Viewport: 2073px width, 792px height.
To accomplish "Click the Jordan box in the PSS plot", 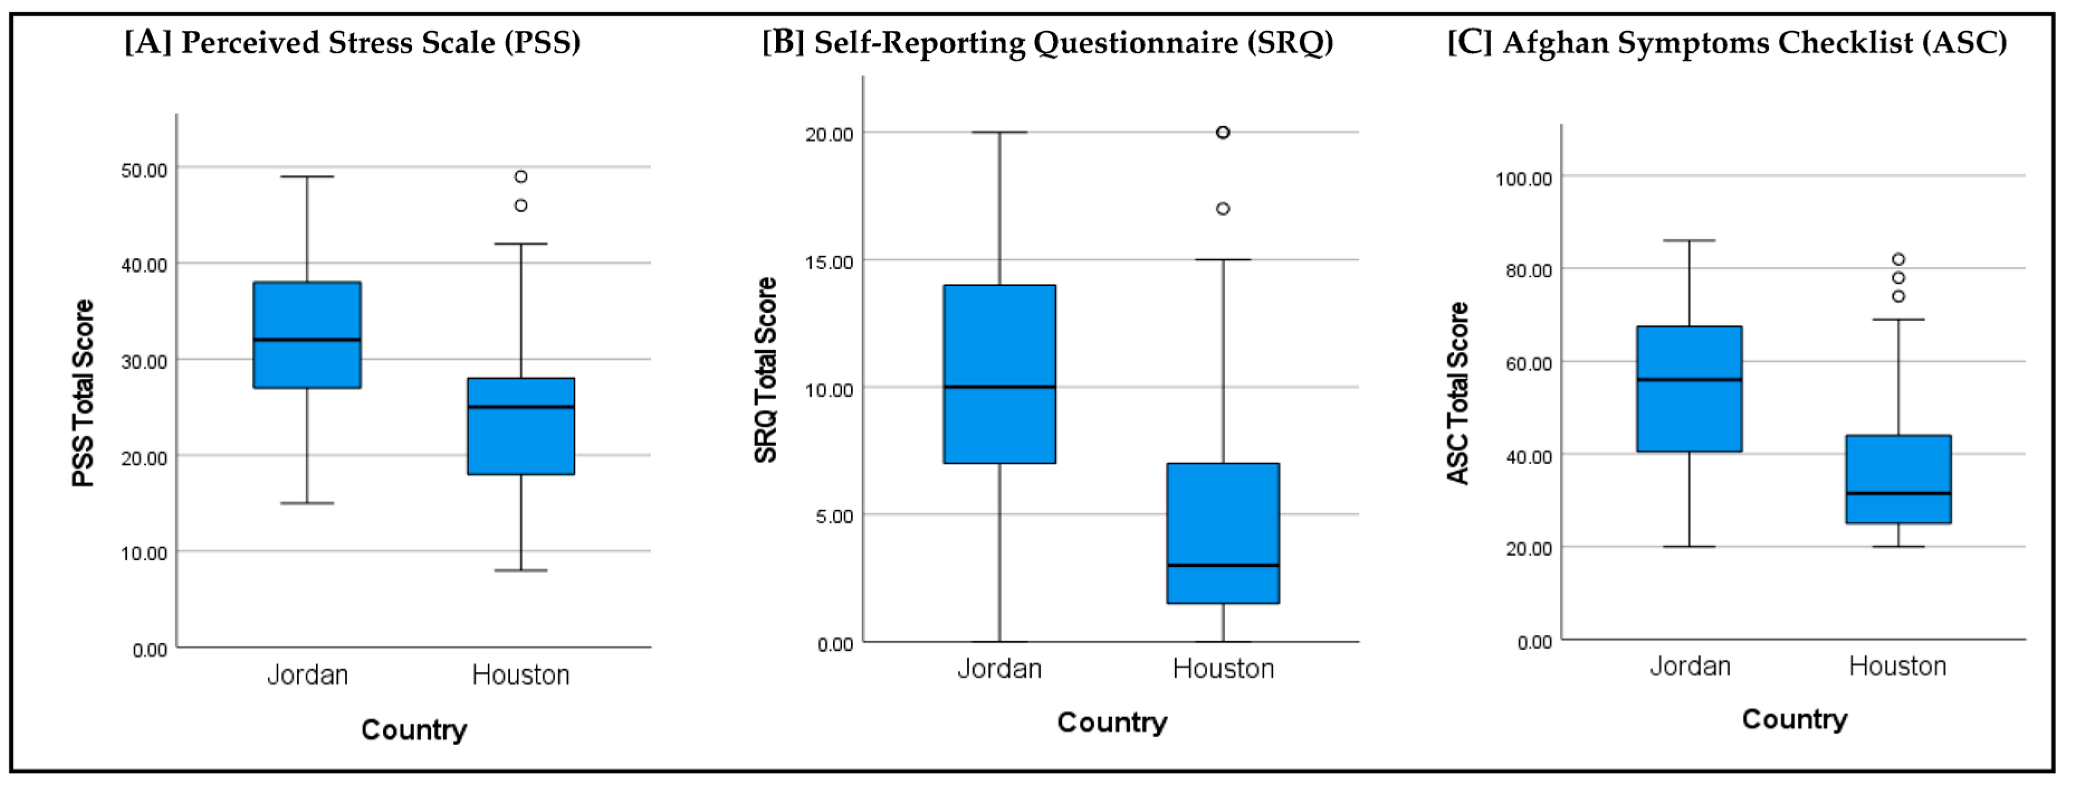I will click(307, 335).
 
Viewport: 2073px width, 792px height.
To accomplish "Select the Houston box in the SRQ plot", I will click(1222, 533).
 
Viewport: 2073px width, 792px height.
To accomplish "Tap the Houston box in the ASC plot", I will click(1898, 479).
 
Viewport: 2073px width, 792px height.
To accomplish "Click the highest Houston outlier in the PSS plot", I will click(521, 176).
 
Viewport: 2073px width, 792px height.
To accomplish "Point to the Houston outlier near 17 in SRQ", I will click(1222, 208).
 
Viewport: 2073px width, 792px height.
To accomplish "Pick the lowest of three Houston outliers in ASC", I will click(1898, 296).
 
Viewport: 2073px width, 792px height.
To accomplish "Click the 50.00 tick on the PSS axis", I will click(144, 170).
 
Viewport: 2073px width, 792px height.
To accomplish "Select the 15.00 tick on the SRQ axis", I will click(829, 263).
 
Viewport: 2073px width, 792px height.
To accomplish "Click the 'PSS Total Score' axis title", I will click(83, 393).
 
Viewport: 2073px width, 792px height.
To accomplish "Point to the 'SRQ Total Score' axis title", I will click(765, 370).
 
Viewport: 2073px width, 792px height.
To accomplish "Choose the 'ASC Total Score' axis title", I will click(1457, 393).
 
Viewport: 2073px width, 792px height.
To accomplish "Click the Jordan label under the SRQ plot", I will click(999, 668).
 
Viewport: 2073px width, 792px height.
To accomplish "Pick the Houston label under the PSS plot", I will click(521, 675).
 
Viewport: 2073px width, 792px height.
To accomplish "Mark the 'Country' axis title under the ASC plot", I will click(1794, 719).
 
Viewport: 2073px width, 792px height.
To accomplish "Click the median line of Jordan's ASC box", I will click(1689, 379).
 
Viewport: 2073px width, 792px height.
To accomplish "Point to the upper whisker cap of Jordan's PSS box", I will click(307, 176).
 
